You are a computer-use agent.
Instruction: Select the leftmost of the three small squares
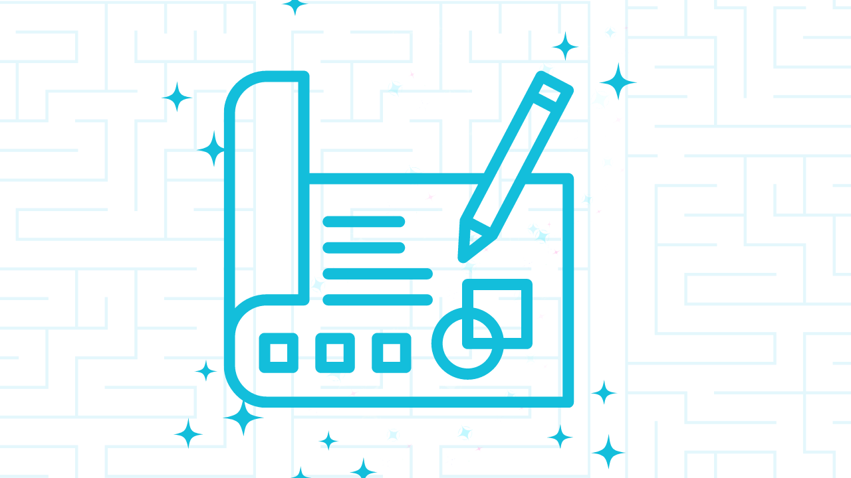279,353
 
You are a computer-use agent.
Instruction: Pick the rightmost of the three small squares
392,353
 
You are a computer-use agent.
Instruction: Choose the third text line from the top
377,274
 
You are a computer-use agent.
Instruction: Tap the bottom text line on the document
377,299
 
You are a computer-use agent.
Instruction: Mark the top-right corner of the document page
568,178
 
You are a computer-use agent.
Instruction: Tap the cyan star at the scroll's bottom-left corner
243,418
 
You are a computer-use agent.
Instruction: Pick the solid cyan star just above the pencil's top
564,46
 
